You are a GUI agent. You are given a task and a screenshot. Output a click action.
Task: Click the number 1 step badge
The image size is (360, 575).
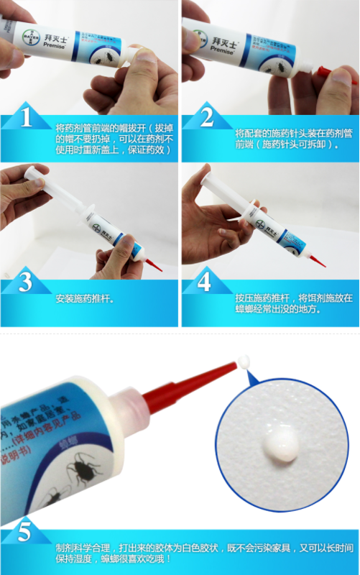27,119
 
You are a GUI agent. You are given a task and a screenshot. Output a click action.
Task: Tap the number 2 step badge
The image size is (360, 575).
207,119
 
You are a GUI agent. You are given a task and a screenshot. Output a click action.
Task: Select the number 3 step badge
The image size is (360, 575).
26,282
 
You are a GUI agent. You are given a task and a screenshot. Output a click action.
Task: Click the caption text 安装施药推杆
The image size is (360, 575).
84,298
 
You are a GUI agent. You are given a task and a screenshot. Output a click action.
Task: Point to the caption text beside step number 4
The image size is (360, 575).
284,303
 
